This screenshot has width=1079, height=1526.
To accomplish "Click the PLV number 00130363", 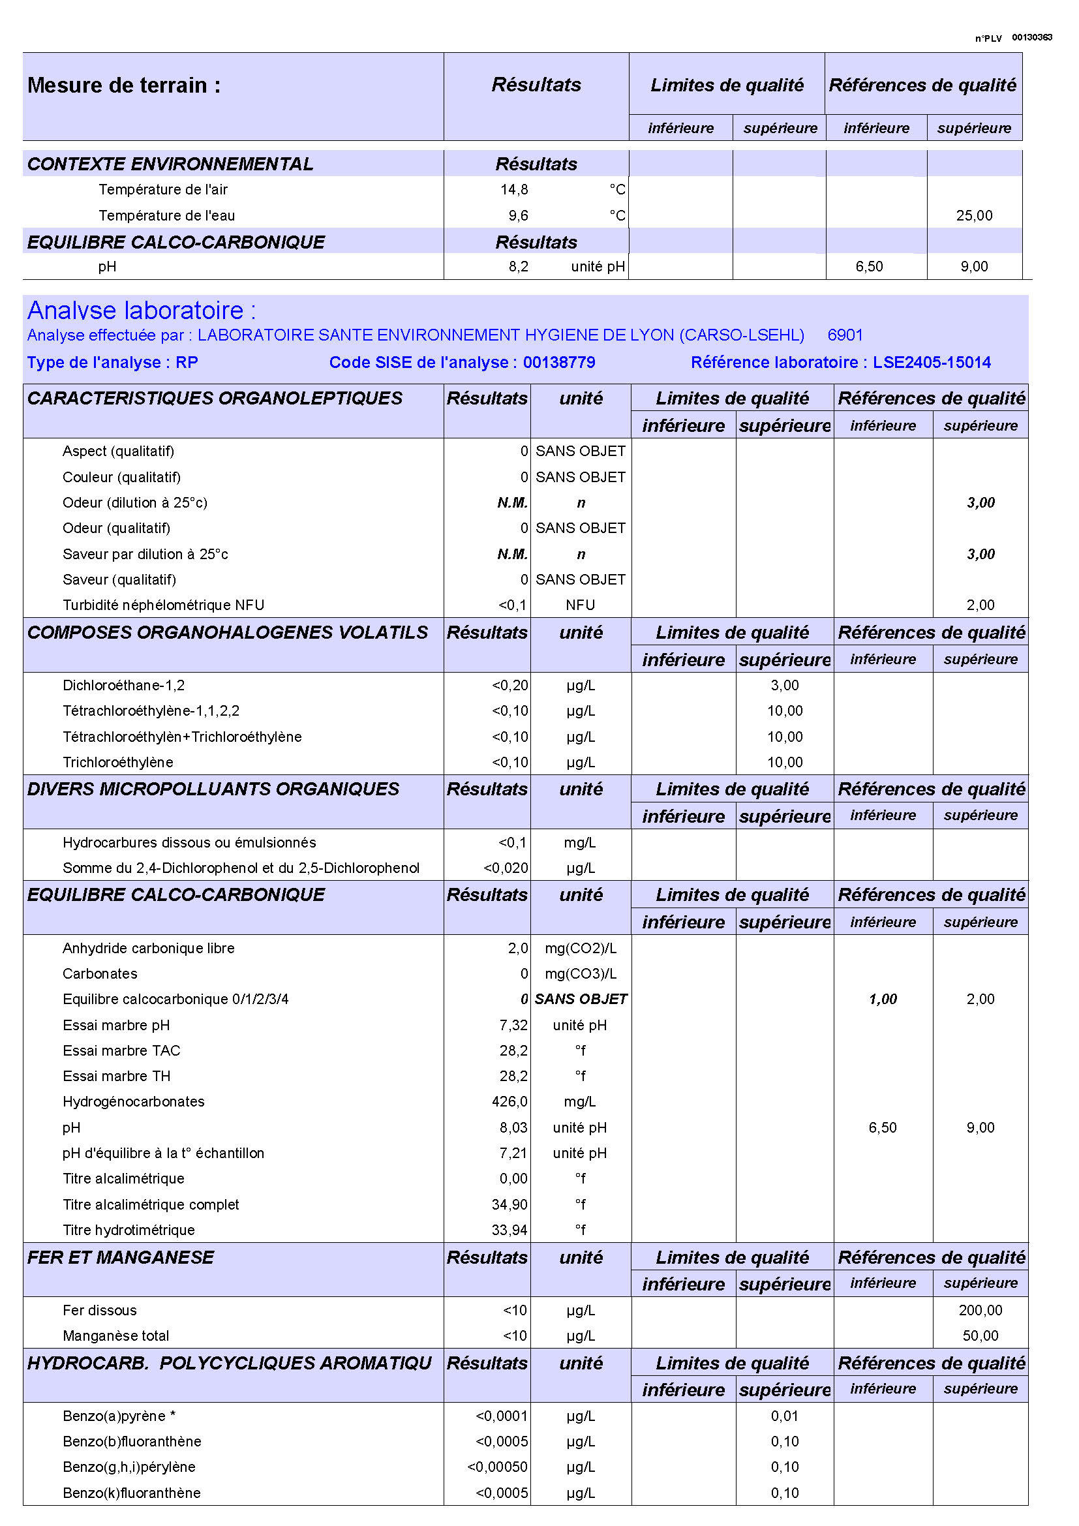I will [x=1031, y=37].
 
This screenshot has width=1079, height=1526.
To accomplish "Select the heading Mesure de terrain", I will [x=123, y=85].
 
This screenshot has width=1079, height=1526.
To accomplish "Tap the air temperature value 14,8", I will [x=513, y=189].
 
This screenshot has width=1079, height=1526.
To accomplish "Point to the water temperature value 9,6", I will [x=518, y=215].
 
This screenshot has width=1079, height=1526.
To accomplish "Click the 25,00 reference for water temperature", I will [x=973, y=215].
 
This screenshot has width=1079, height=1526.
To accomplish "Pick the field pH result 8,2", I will [x=518, y=267].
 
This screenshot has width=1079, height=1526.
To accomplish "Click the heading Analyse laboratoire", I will [x=141, y=311].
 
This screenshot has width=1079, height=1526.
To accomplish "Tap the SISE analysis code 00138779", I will [x=559, y=362].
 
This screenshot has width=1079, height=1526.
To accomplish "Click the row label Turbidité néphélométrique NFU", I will [x=163, y=605].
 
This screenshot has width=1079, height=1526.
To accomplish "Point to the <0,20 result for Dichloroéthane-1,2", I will [x=509, y=685].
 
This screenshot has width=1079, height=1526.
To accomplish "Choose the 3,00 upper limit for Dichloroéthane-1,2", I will [x=784, y=685].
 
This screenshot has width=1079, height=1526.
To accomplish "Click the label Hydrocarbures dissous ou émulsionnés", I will [x=189, y=842].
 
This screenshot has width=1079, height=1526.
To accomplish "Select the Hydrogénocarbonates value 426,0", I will [x=509, y=1101].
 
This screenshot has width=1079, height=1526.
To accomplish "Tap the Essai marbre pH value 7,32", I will [x=513, y=1025].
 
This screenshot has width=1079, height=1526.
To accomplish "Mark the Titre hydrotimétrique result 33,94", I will [x=509, y=1230].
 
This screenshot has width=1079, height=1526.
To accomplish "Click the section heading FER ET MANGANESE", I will [x=120, y=1257].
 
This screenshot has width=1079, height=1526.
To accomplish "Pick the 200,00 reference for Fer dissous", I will [x=980, y=1310].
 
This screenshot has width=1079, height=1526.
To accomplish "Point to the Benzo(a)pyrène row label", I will [x=118, y=1416].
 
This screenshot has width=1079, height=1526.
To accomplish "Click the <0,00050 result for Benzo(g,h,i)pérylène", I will [x=497, y=1467].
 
